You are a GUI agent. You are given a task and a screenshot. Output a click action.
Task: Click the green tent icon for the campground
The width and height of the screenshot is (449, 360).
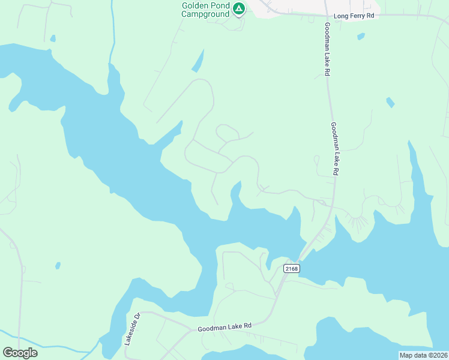click(239, 8)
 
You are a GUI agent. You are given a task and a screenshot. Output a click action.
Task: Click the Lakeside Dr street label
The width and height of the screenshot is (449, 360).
click(131, 329)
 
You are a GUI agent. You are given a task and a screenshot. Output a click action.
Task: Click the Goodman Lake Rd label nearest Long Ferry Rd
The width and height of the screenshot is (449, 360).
click(327, 49)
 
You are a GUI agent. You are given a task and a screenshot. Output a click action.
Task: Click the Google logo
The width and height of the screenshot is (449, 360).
click(20, 352)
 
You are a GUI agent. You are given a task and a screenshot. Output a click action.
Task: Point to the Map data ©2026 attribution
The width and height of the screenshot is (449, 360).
click(423, 355)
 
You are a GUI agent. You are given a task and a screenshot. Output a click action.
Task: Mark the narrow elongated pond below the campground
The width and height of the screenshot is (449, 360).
click(198, 61)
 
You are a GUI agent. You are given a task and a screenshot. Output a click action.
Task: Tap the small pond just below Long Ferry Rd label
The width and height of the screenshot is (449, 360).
click(361, 36)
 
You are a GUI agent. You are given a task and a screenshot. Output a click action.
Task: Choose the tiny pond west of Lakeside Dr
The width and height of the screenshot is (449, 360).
click(58, 265)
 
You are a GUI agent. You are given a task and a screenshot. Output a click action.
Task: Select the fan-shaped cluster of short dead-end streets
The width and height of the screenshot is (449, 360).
click(358, 223)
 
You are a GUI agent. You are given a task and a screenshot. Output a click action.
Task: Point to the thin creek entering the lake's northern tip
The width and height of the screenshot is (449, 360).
click(112, 36)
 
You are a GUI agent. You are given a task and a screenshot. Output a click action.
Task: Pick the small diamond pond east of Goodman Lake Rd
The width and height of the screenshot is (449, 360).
click(390, 102)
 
